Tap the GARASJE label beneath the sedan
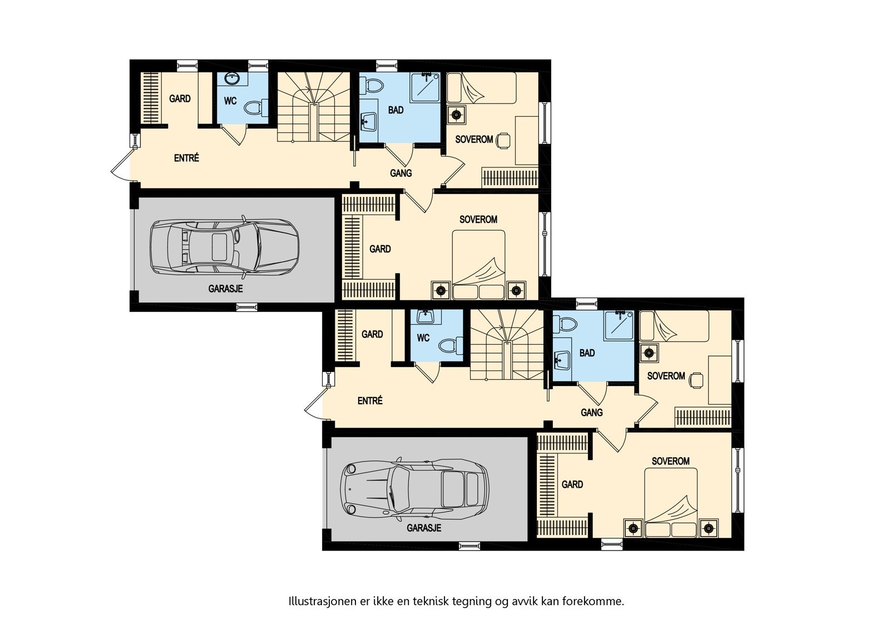(x=225, y=289)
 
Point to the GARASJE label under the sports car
(x=424, y=528)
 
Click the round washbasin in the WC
(x=231, y=79)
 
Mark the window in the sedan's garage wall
(x=247, y=307)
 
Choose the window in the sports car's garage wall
(x=469, y=546)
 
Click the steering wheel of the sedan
(x=237, y=235)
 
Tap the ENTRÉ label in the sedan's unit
(x=186, y=158)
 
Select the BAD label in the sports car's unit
(x=587, y=353)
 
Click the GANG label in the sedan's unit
(x=400, y=174)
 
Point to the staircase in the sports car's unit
(x=507, y=345)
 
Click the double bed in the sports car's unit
(x=671, y=503)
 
